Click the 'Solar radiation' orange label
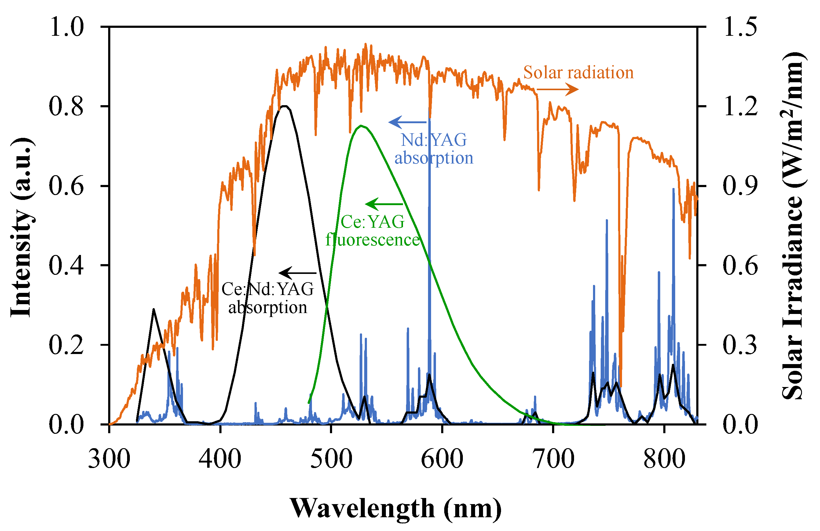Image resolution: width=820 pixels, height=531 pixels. pos(578,73)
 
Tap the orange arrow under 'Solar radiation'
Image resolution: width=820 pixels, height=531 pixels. pos(558,90)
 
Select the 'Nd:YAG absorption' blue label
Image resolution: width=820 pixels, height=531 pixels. pos(434,149)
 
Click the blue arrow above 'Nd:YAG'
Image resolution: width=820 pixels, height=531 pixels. pos(407,122)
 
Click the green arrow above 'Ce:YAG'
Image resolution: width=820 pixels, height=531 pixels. pos(383,204)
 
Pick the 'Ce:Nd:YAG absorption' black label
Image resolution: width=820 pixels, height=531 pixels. pos(268,298)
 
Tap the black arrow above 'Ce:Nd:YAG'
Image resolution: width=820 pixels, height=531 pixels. pos(297,273)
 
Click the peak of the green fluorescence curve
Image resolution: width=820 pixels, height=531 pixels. pos(361,126)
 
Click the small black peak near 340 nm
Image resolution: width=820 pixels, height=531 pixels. pos(153,309)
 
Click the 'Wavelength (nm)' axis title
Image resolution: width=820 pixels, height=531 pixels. pos(396,508)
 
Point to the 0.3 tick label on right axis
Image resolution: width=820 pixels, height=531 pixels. pos(740,345)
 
